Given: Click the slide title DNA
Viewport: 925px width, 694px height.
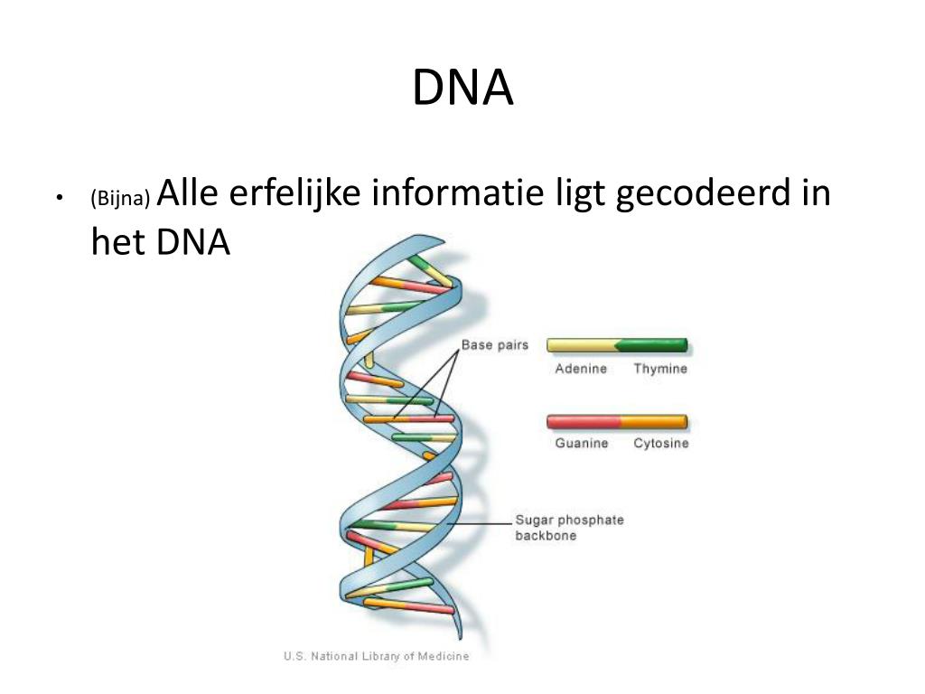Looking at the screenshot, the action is tap(462, 89).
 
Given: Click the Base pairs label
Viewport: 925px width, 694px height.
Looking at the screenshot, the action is tap(495, 345).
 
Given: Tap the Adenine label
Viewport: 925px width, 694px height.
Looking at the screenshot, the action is tap(581, 369).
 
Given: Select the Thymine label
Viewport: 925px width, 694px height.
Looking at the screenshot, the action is tap(660, 369).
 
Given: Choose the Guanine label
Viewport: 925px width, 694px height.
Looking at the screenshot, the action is tap(582, 444).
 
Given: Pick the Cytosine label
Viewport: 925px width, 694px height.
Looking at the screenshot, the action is tap(660, 444).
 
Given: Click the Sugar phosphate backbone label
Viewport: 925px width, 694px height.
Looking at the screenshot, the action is tap(569, 528).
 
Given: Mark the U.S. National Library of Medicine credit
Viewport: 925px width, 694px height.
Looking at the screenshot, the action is tap(376, 657).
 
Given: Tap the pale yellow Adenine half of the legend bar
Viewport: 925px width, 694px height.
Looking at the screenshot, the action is tap(581, 345).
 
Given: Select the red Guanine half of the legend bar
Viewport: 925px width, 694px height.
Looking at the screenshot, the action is tap(584, 421).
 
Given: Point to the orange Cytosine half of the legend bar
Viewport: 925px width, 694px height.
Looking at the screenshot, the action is tap(653, 421).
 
